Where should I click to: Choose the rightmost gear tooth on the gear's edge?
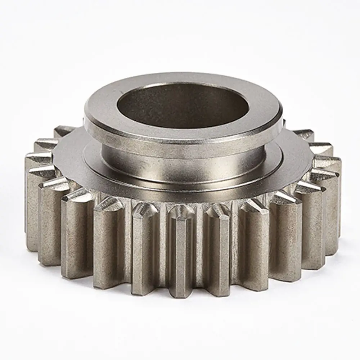point(331,202)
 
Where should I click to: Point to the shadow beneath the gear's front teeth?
point(180,306)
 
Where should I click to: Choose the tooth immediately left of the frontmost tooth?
point(144,248)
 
